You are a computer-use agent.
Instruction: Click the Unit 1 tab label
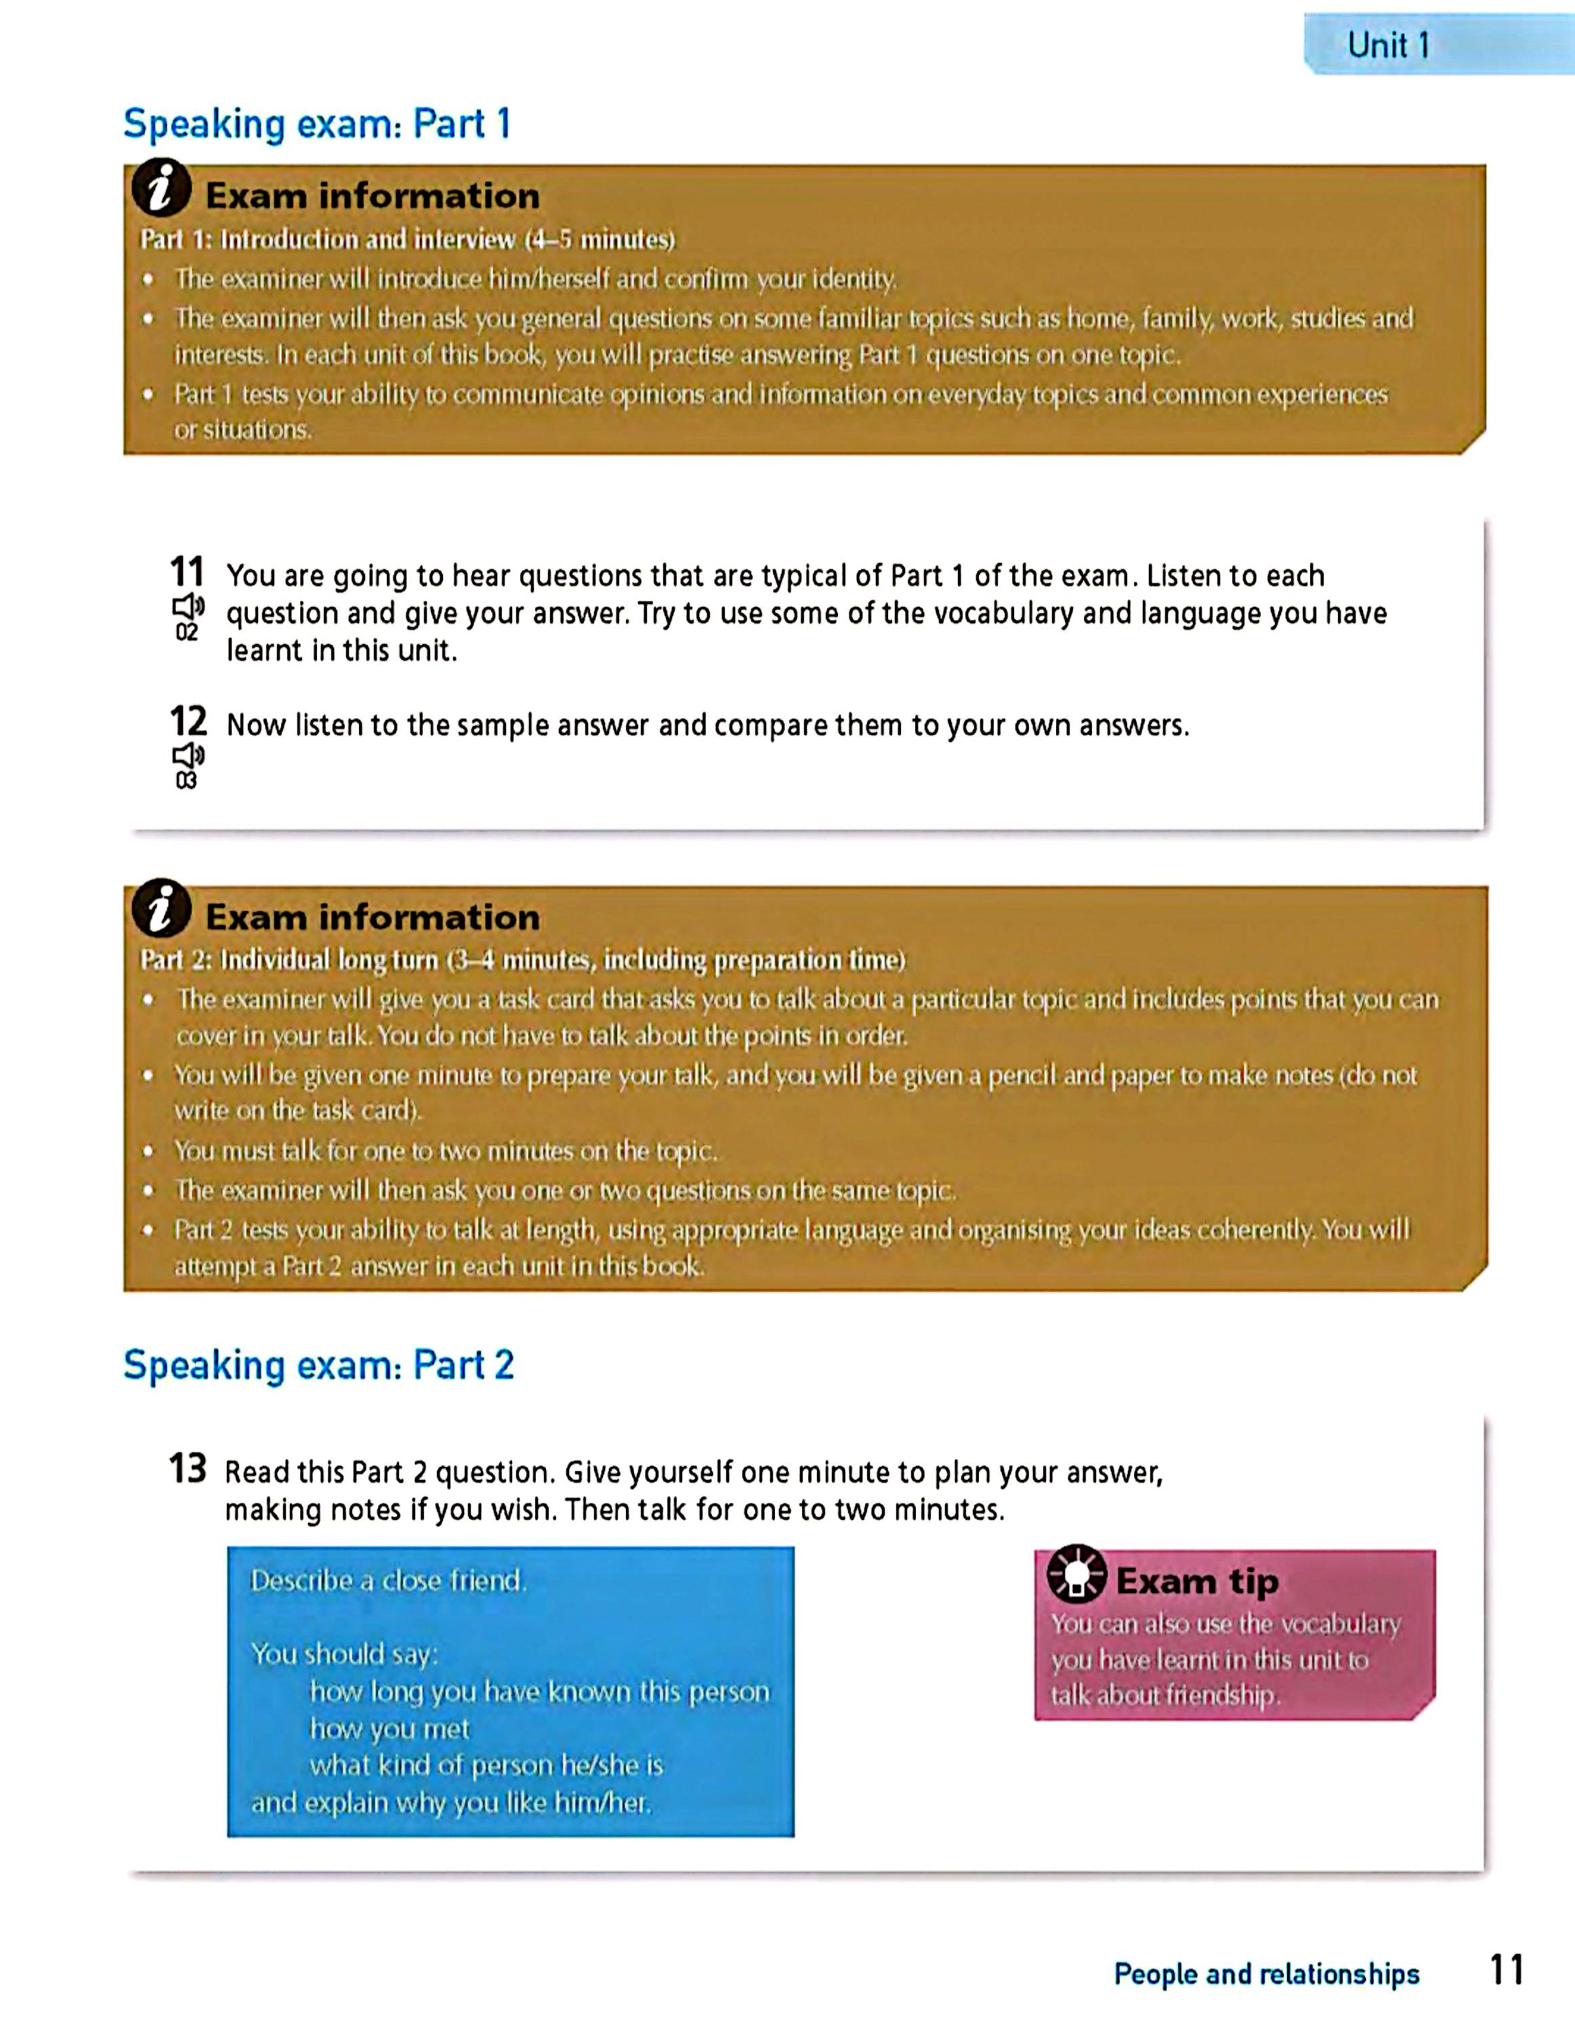(x=1388, y=45)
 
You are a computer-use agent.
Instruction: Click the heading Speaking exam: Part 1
(x=317, y=124)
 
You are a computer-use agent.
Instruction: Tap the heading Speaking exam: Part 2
(x=318, y=1365)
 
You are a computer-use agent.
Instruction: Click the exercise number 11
(x=187, y=570)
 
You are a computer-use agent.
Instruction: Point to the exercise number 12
(x=187, y=721)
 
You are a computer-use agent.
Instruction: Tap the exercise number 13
(x=187, y=1469)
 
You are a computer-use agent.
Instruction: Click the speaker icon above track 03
(x=188, y=755)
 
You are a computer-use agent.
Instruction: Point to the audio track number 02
(x=186, y=633)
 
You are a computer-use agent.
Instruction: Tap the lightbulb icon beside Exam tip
(x=1076, y=1574)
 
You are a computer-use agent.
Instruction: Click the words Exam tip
(x=1197, y=1581)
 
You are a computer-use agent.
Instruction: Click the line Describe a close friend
(x=388, y=1581)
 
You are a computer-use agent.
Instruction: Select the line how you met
(x=390, y=1729)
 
